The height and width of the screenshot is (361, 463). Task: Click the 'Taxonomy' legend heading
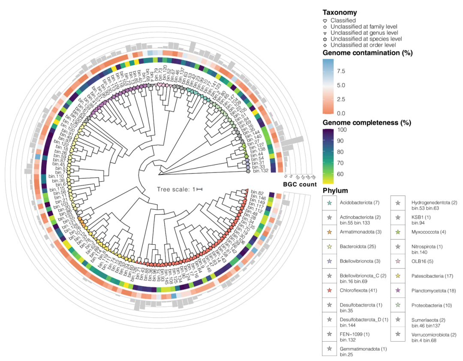point(340,13)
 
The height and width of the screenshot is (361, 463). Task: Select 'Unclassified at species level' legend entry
point(366,39)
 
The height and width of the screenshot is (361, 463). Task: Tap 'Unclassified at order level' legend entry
point(363,45)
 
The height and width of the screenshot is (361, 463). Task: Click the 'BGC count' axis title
point(300,184)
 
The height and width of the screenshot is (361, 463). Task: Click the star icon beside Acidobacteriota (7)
point(329,202)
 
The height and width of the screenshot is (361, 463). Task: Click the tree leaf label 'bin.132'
point(261,171)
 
